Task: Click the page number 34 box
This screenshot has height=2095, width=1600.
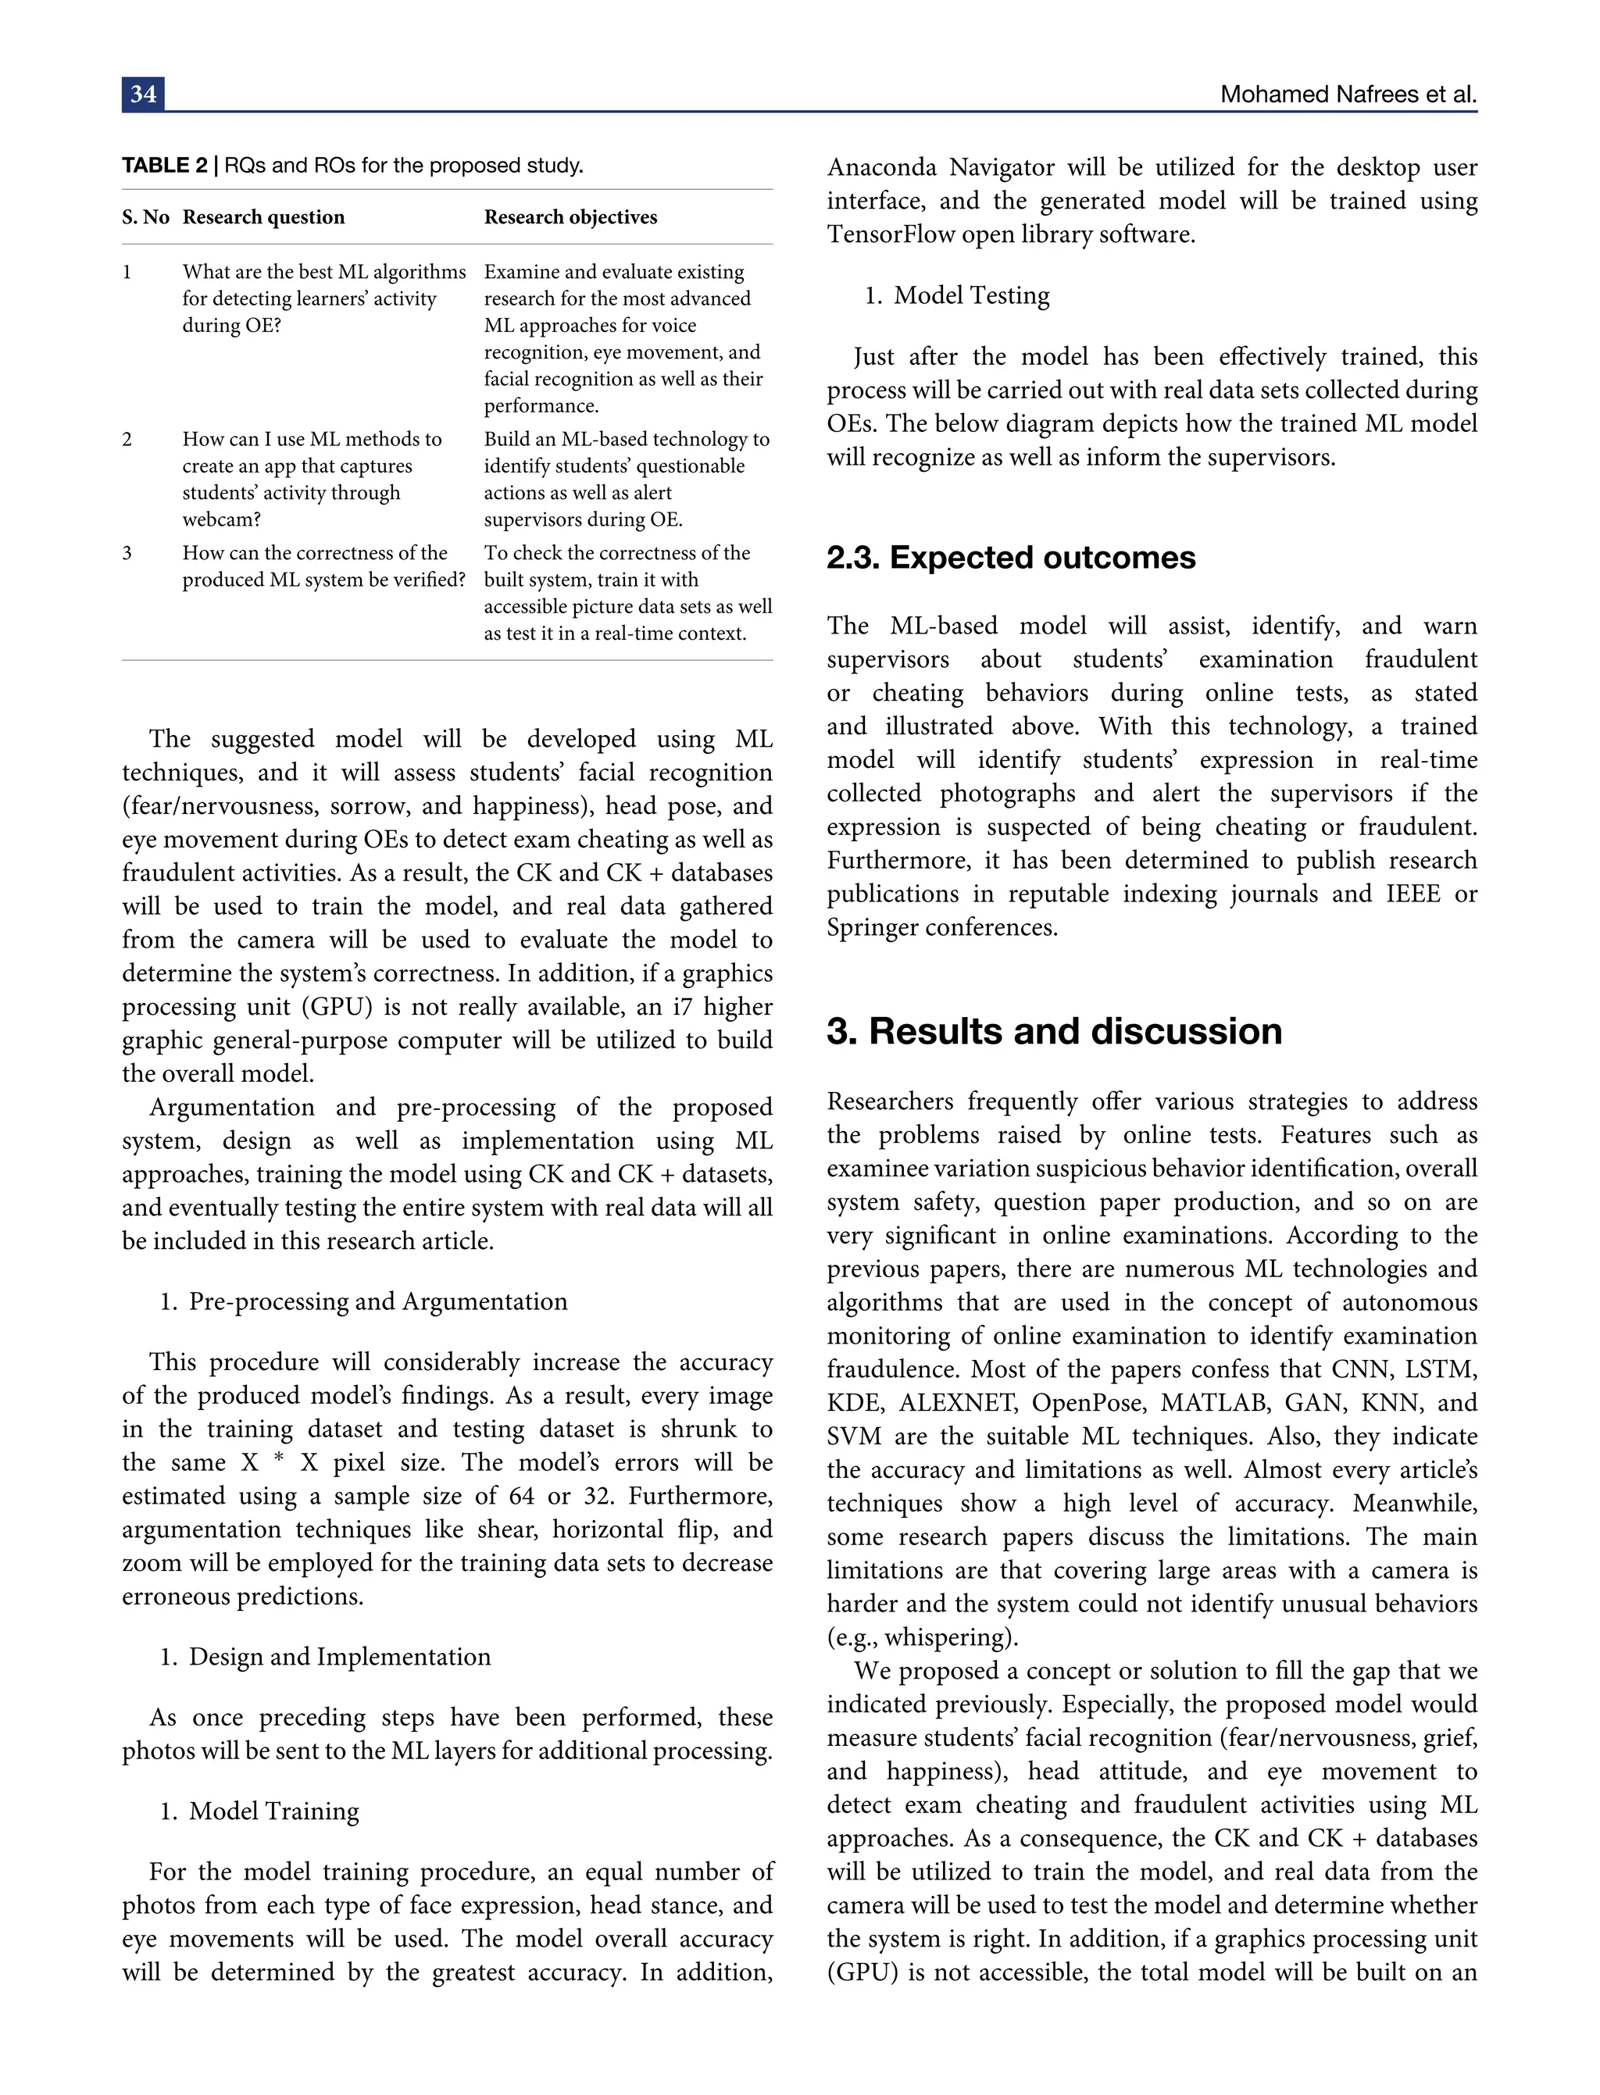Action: click(x=143, y=95)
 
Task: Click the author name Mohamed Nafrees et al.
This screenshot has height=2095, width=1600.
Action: click(x=1348, y=95)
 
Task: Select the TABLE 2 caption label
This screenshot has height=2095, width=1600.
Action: click(x=164, y=166)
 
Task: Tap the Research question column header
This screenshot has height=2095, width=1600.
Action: click(x=264, y=217)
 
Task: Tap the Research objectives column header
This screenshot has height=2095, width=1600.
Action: click(x=570, y=217)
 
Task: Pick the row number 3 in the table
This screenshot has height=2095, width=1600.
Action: click(x=127, y=553)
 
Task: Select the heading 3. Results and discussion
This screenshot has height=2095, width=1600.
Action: click(x=1053, y=1031)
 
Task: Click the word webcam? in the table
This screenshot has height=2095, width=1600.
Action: click(x=222, y=520)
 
